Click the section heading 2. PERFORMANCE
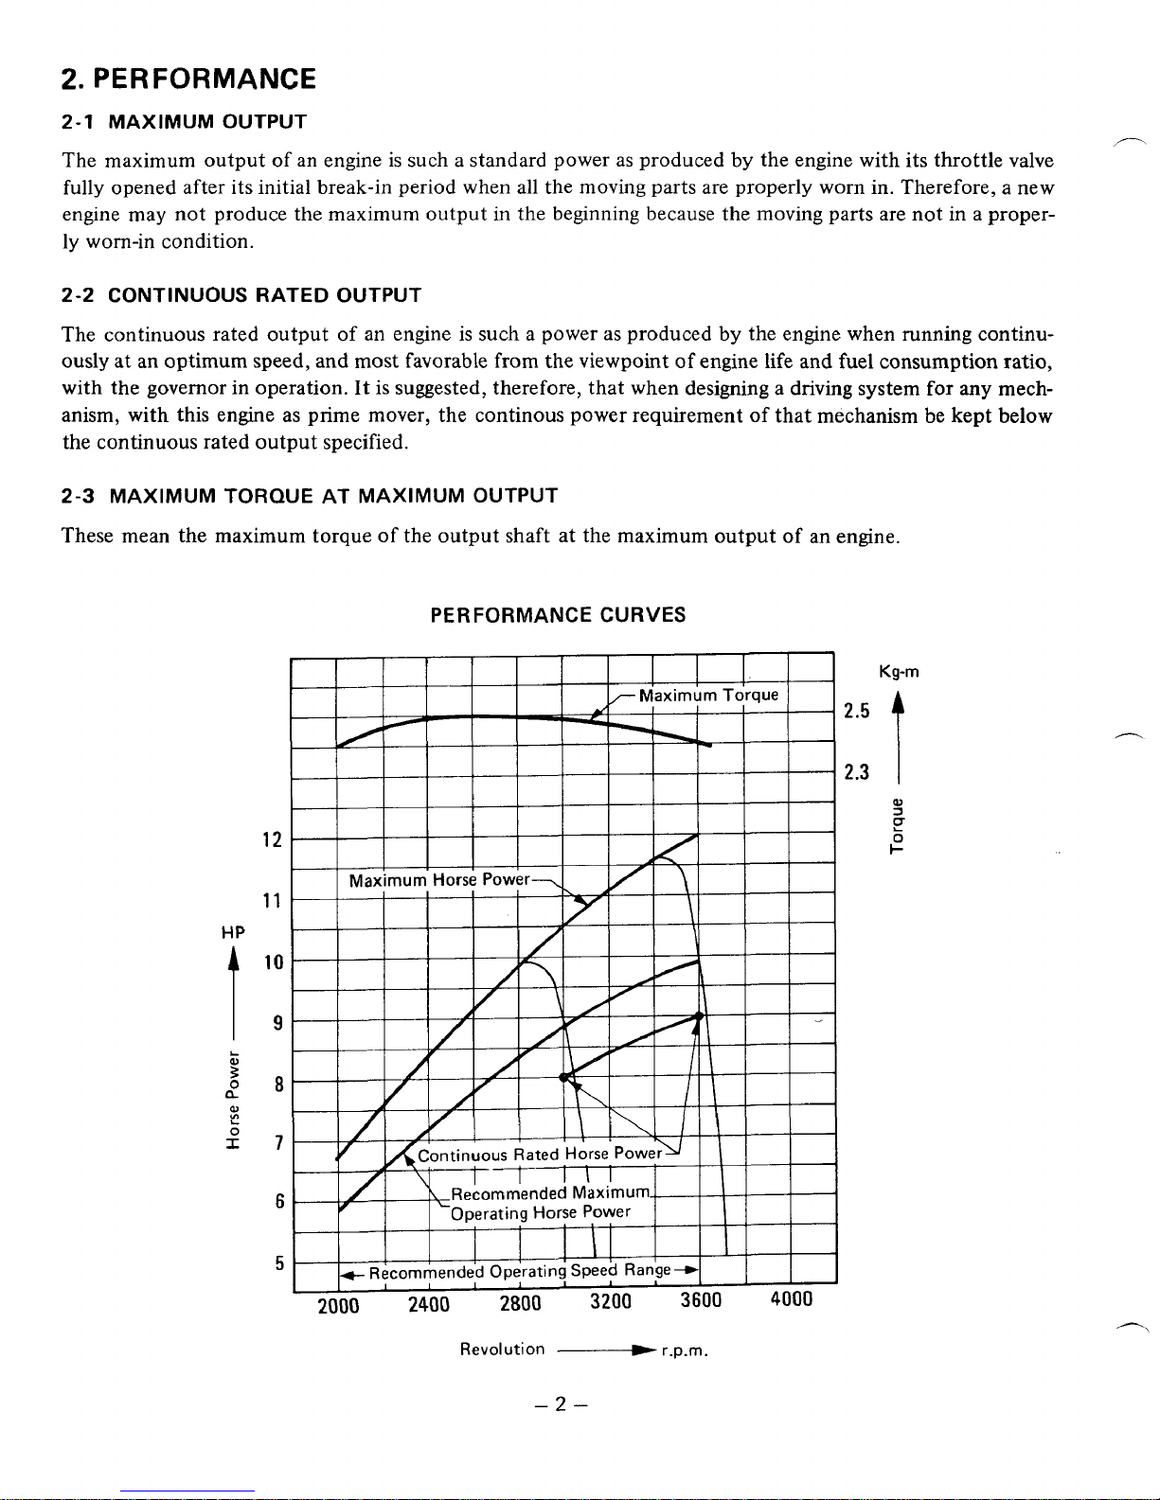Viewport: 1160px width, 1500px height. [x=188, y=79]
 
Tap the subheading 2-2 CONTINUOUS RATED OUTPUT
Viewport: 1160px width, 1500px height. [x=241, y=295]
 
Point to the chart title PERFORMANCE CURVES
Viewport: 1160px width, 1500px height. [x=558, y=615]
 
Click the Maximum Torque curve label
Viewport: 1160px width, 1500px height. [x=708, y=696]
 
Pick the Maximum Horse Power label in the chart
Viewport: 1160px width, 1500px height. [x=439, y=880]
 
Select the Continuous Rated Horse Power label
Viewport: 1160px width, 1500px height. [x=540, y=1155]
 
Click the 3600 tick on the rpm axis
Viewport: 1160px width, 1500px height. [x=701, y=1300]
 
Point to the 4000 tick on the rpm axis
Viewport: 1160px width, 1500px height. [x=792, y=1299]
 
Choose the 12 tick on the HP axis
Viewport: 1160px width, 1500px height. [x=272, y=839]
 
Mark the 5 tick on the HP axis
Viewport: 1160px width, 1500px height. [x=279, y=1262]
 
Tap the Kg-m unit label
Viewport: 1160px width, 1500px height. [x=899, y=673]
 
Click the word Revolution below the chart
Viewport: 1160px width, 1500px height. [x=502, y=1350]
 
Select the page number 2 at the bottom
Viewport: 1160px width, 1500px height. [x=560, y=1405]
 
